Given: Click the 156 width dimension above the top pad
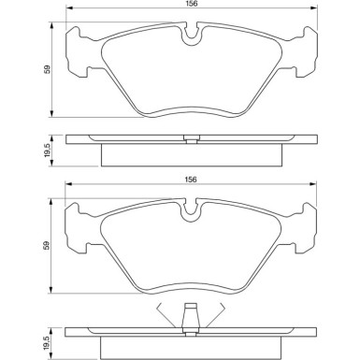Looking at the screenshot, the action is (192, 4).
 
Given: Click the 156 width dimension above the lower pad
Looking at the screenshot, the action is (191, 180).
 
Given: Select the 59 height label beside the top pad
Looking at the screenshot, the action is (48, 69).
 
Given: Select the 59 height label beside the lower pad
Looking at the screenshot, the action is (48, 245).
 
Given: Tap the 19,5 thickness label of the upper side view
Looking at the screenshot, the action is (48, 151).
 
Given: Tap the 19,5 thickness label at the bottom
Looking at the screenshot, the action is (48, 343).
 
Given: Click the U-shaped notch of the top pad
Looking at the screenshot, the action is (192, 39).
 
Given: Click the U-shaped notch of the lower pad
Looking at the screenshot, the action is (191, 215).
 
